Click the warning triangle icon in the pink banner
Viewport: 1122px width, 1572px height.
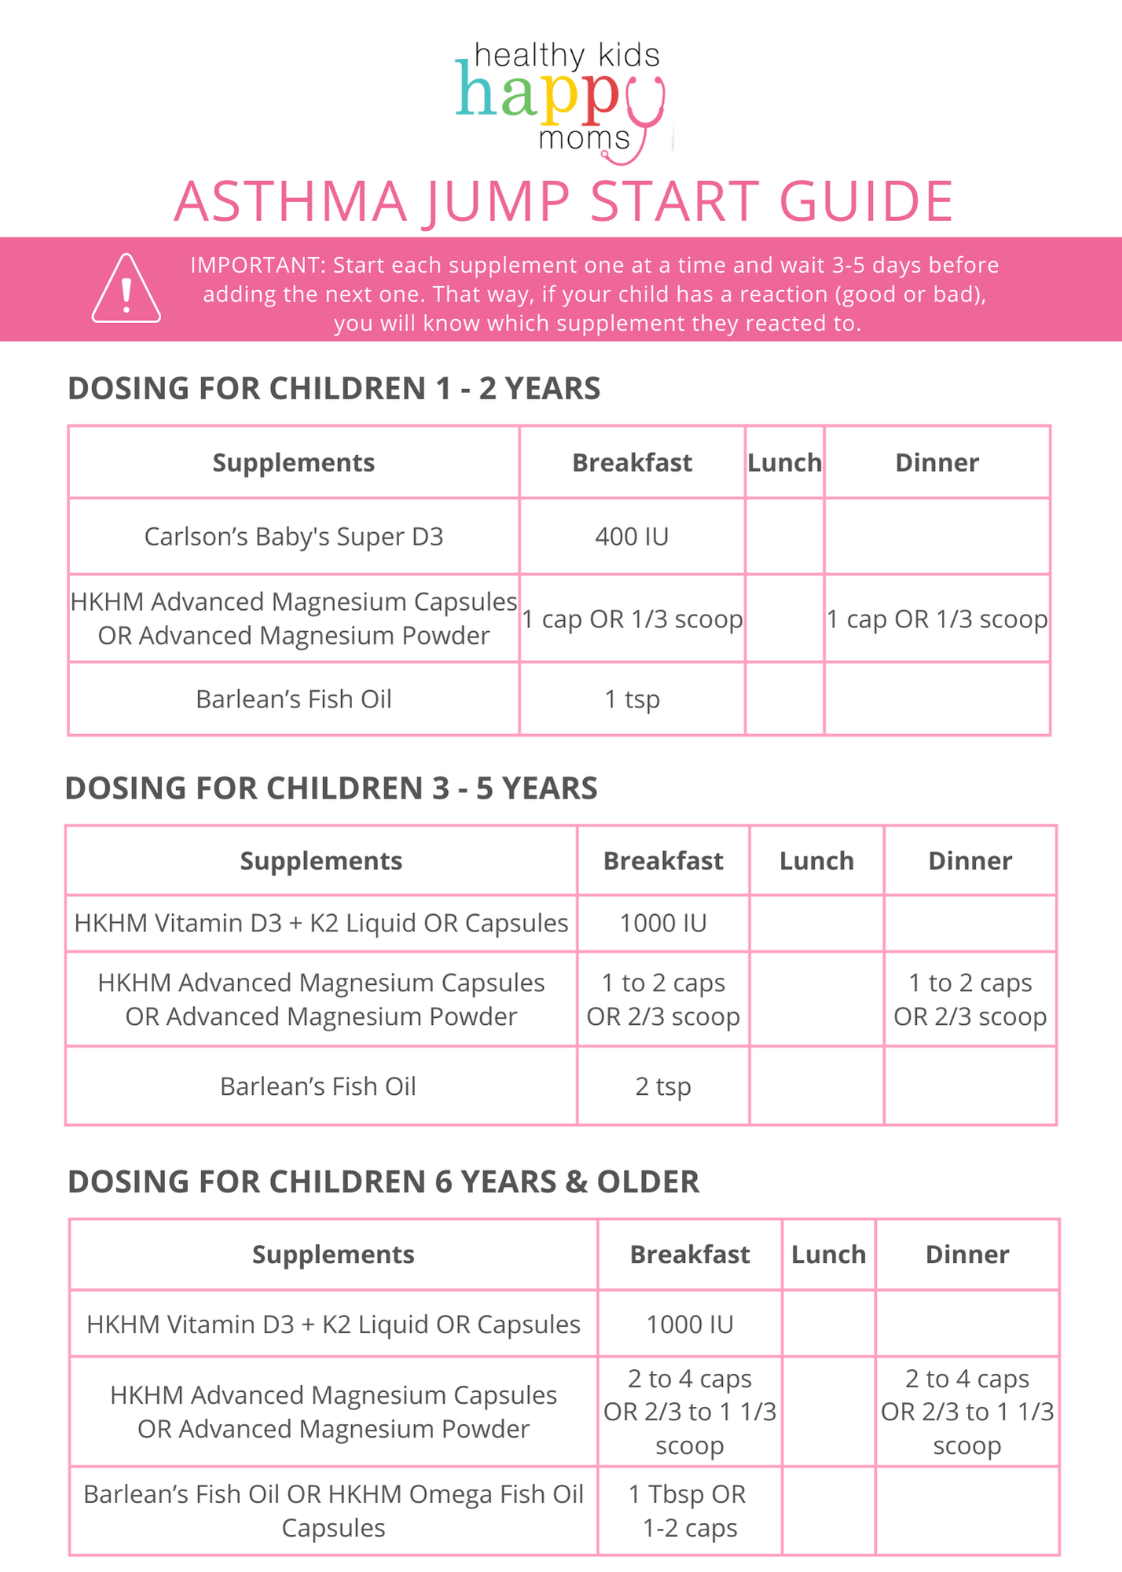click(x=126, y=289)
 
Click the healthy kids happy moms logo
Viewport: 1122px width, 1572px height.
click(x=561, y=101)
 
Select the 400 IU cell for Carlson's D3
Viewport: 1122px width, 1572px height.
click(x=632, y=537)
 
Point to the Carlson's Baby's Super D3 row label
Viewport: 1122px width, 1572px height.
click(x=294, y=537)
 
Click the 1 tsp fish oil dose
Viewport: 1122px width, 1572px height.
click(x=632, y=699)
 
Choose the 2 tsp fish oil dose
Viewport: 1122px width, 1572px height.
click(x=663, y=1086)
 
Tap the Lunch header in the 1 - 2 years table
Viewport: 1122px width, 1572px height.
click(x=784, y=463)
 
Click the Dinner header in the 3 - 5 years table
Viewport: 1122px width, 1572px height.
click(x=970, y=861)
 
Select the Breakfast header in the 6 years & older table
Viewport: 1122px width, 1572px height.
click(x=690, y=1254)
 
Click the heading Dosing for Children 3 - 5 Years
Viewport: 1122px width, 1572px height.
click(x=331, y=788)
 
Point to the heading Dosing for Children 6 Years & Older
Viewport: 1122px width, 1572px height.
click(x=383, y=1182)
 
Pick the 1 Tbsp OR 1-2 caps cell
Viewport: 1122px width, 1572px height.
click(x=689, y=1511)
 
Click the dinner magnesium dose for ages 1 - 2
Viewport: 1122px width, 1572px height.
click(x=937, y=619)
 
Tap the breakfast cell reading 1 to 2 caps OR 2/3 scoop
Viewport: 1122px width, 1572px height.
click(x=663, y=1000)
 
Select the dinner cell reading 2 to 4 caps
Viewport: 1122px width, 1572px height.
click(x=967, y=1412)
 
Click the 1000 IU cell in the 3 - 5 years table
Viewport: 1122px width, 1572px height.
click(x=663, y=923)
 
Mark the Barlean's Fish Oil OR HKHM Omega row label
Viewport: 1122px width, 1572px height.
click(x=333, y=1511)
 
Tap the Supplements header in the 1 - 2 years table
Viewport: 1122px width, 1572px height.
click(x=294, y=463)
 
